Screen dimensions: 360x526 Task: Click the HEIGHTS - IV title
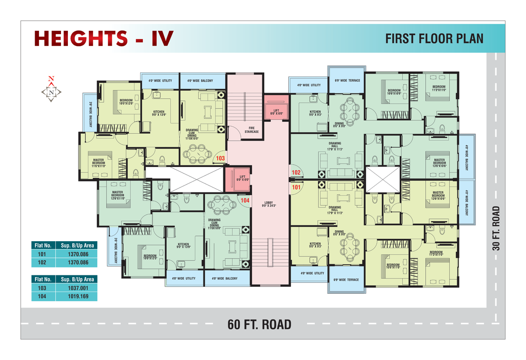click(103, 39)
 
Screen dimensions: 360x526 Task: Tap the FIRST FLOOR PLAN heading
click(434, 39)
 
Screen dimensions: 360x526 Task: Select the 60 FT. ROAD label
click(259, 325)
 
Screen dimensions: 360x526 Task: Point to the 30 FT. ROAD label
click(496, 228)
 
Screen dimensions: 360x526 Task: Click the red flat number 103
click(220, 158)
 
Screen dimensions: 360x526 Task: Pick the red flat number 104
click(245, 200)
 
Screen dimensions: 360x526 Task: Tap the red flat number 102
click(296, 172)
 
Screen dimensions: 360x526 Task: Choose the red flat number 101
click(296, 186)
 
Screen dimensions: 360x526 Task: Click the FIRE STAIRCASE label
click(252, 130)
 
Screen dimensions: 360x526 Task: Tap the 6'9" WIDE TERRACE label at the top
click(347, 81)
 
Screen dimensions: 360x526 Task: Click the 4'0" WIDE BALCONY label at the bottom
click(224, 278)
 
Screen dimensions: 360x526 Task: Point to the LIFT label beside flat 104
click(237, 178)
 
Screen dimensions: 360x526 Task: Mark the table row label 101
click(42, 254)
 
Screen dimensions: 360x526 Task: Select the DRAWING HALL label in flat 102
click(335, 146)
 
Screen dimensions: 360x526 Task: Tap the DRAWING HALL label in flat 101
click(335, 210)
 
